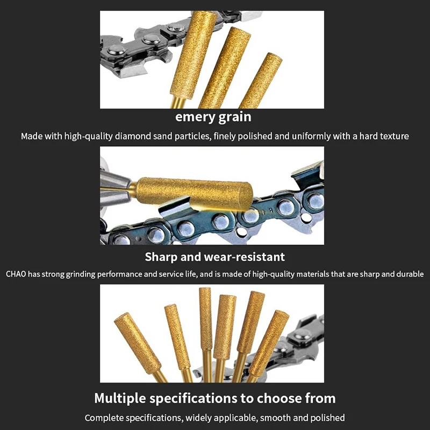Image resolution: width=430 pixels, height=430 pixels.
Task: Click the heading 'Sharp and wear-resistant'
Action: [214, 257]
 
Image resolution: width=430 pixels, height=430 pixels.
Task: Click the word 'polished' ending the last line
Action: [328, 418]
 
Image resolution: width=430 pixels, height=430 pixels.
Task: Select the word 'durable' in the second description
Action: [409, 274]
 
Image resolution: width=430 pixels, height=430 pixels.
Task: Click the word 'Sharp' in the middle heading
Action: [161, 257]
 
